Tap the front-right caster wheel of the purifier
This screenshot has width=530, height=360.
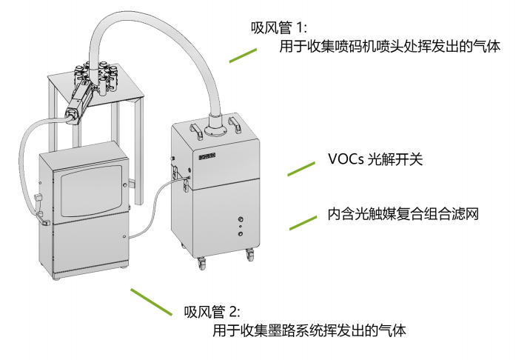[x=249, y=256]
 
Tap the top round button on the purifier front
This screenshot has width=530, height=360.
[x=240, y=219]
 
